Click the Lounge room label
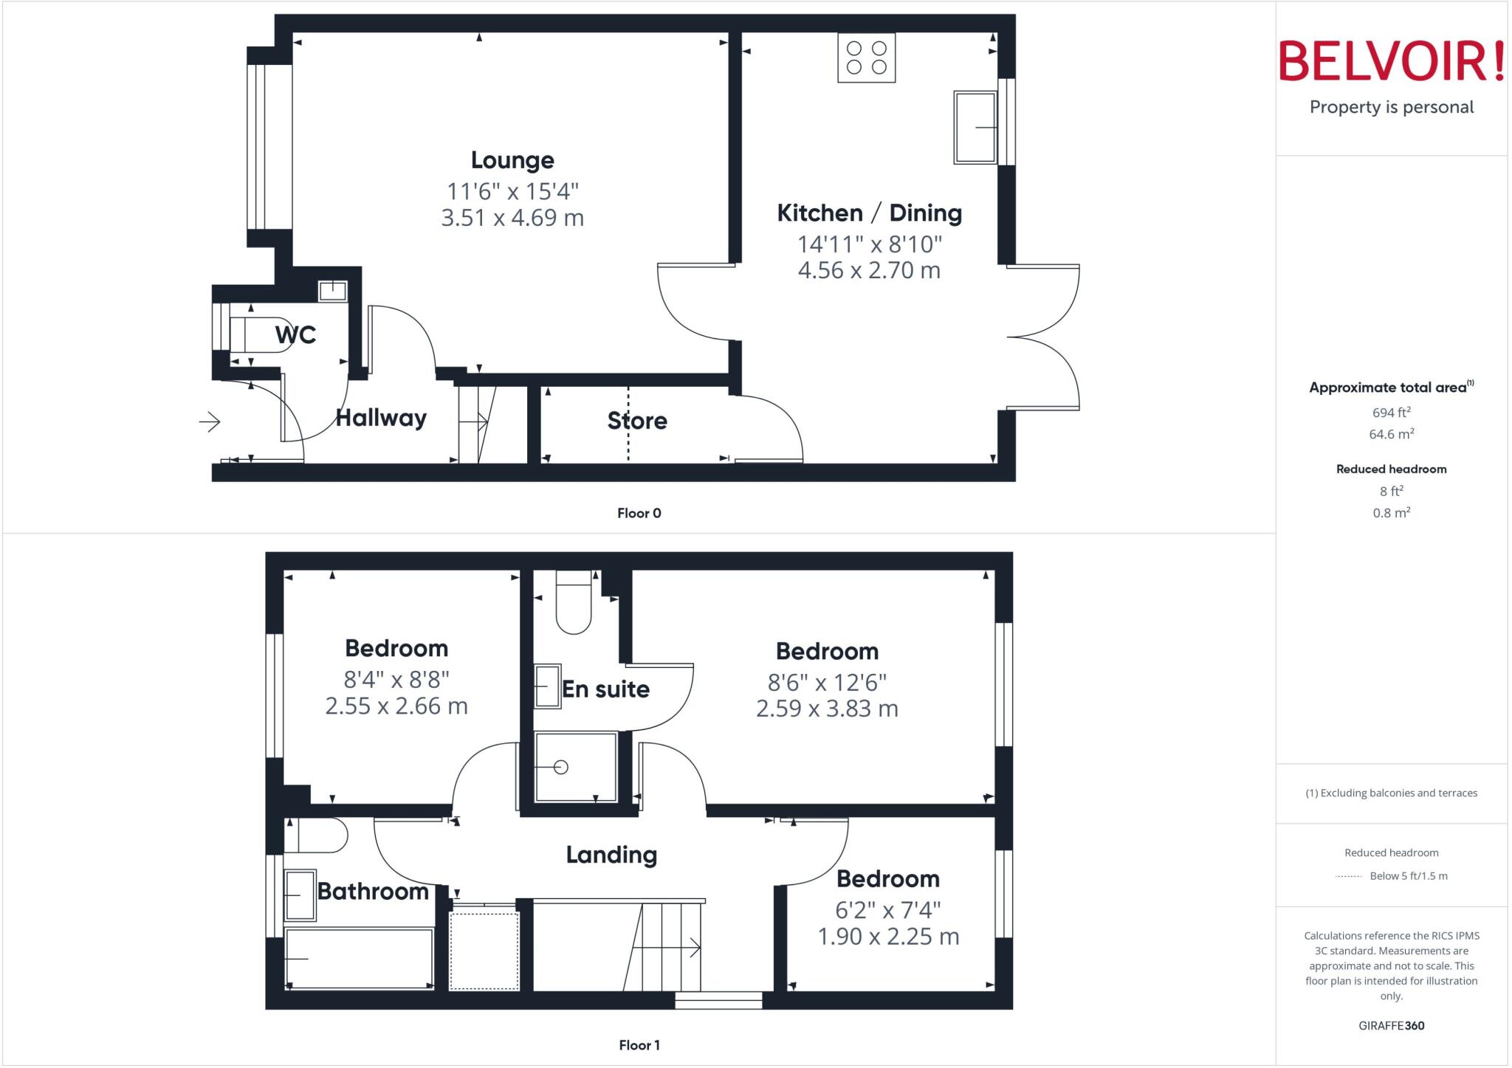point(512,160)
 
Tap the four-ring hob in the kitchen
point(866,58)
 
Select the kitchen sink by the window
point(975,127)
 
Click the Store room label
point(637,421)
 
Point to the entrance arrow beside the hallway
point(210,421)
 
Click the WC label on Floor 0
point(295,335)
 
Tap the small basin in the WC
point(332,291)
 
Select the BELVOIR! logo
point(1391,61)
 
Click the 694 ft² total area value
point(1391,413)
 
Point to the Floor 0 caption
point(639,513)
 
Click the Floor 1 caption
point(639,1045)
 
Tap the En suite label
point(605,689)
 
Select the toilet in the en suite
point(574,604)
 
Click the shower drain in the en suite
point(561,767)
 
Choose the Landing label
point(611,855)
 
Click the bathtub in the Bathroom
point(359,958)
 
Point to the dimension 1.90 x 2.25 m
point(888,937)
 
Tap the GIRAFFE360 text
point(1391,1025)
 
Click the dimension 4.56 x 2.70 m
point(869,270)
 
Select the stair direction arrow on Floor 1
point(694,947)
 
